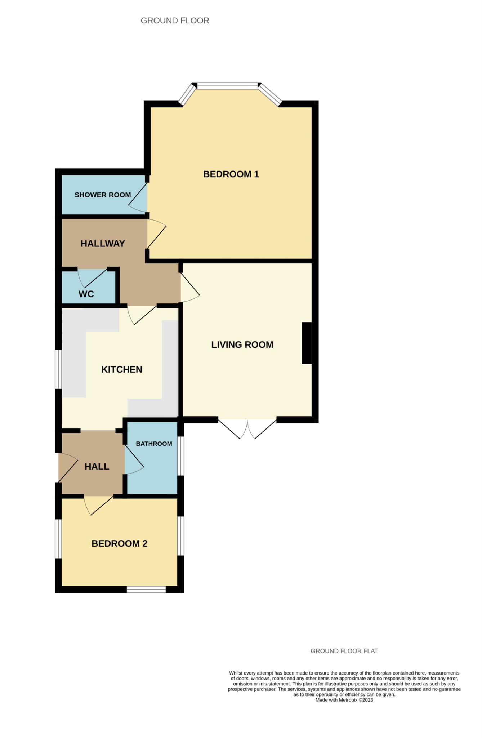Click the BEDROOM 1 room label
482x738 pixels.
pyautogui.click(x=231, y=174)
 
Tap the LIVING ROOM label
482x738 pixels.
pyautogui.click(x=242, y=344)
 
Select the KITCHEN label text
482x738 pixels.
pyautogui.click(x=122, y=369)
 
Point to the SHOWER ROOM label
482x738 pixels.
pyautogui.click(x=103, y=195)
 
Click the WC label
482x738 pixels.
pyautogui.click(x=86, y=294)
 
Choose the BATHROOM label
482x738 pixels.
pyautogui.click(x=154, y=444)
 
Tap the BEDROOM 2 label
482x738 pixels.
pyautogui.click(x=119, y=543)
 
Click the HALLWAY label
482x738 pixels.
pyautogui.click(x=103, y=244)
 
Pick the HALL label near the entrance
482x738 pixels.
pyautogui.click(x=97, y=466)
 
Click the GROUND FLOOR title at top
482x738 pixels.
pyautogui.click(x=175, y=21)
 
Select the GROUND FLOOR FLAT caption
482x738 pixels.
pyautogui.click(x=344, y=651)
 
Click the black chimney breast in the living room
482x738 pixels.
pyautogui.click(x=307, y=343)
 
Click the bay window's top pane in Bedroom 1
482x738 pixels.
pyautogui.click(x=228, y=86)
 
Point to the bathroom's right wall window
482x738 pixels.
pyautogui.click(x=181, y=455)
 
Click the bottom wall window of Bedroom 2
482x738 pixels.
pyautogui.click(x=146, y=590)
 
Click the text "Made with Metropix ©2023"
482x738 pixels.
pyautogui.click(x=344, y=700)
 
